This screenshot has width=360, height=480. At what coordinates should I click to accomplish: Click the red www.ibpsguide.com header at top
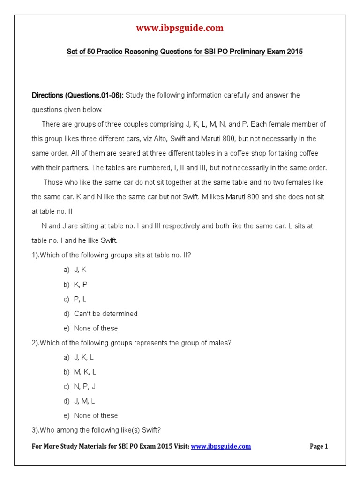point(180,28)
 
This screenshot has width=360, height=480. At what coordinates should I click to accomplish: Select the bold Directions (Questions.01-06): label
point(78,95)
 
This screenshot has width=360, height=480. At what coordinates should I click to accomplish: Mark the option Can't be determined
point(105,314)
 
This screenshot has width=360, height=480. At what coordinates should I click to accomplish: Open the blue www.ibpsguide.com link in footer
point(221,446)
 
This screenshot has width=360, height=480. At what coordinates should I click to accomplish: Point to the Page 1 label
point(319,446)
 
